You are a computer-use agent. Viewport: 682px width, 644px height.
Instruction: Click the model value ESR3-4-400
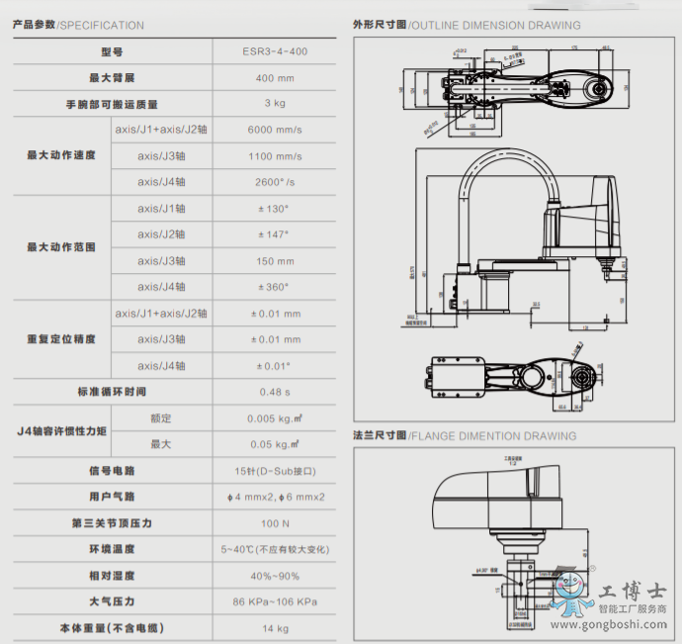pyautogui.click(x=275, y=51)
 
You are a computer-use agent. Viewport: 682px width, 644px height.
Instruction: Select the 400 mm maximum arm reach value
pyautogui.click(x=275, y=77)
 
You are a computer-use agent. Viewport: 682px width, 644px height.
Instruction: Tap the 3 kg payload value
pyautogui.click(x=275, y=103)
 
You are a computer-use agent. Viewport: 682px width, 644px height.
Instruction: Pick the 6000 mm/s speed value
pyautogui.click(x=275, y=130)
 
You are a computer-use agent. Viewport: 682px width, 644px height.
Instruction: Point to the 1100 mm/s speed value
pyautogui.click(x=275, y=156)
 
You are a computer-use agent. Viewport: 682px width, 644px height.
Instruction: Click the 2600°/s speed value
pyautogui.click(x=275, y=182)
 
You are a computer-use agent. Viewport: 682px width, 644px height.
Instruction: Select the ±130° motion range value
pyautogui.click(x=274, y=209)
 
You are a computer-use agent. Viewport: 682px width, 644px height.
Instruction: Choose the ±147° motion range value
pyautogui.click(x=274, y=234)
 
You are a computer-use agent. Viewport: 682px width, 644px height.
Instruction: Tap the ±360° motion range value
pyautogui.click(x=274, y=287)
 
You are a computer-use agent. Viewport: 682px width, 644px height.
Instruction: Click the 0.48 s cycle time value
pyautogui.click(x=275, y=392)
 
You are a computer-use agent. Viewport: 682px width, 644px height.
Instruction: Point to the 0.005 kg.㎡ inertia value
pyautogui.click(x=275, y=418)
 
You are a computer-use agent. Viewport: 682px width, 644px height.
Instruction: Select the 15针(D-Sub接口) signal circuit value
pyautogui.click(x=275, y=470)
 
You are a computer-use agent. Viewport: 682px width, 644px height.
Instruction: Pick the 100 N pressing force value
pyautogui.click(x=275, y=522)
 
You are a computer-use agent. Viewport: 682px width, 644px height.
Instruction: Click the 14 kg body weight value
pyautogui.click(x=275, y=628)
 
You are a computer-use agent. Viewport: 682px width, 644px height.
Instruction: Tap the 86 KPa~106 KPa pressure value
pyautogui.click(x=275, y=601)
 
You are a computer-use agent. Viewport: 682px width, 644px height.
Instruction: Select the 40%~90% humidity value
pyautogui.click(x=275, y=576)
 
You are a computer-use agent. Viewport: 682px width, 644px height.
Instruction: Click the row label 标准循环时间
pyautogui.click(x=111, y=392)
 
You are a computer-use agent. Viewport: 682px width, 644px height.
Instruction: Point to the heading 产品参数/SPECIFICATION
pyautogui.click(x=78, y=25)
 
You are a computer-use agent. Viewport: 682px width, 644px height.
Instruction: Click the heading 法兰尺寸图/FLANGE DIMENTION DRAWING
pyautogui.click(x=465, y=435)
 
